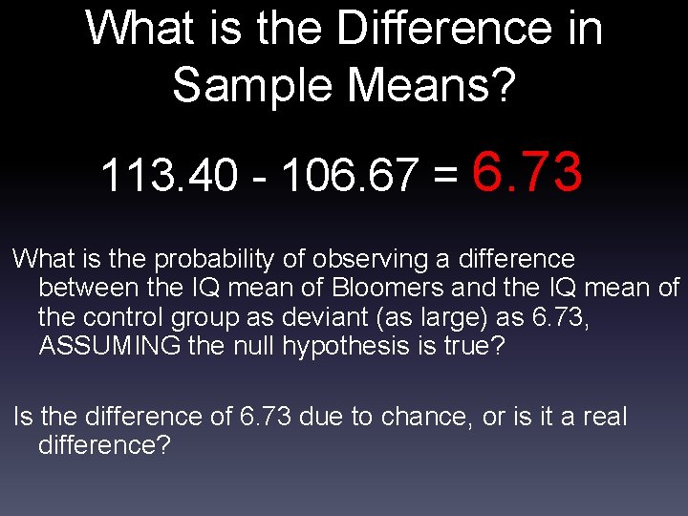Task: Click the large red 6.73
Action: [527, 172]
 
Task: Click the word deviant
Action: [290, 316]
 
